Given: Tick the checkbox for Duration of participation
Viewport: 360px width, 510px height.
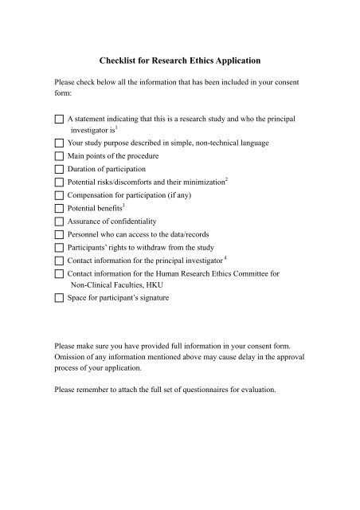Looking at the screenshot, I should pos(59,169).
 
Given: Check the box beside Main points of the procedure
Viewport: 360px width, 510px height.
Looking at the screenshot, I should pos(59,155).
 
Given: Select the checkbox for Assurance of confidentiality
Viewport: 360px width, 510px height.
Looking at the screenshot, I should pos(59,221).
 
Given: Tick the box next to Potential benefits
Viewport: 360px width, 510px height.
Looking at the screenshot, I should pos(59,208).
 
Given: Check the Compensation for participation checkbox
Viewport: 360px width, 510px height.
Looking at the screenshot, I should pos(59,195).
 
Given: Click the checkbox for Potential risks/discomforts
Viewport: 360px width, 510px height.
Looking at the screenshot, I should pos(59,182).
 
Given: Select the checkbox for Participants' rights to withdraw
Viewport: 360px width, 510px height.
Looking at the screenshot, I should pos(59,247).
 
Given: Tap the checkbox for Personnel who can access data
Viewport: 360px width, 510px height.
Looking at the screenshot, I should pos(59,234).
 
